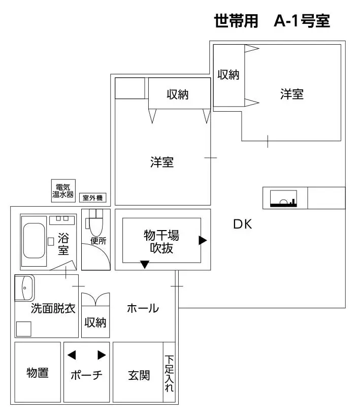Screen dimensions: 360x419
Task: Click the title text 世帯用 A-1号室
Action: [x=272, y=21]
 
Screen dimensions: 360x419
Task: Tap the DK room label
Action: [x=243, y=224]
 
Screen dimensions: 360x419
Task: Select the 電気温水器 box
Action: [x=63, y=190]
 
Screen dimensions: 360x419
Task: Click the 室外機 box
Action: [x=93, y=198]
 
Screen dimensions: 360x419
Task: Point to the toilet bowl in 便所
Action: [x=96, y=227]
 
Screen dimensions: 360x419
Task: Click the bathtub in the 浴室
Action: [x=34, y=241]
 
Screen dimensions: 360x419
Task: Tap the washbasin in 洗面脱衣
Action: [x=24, y=288]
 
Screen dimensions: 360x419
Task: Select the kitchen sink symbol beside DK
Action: [x=283, y=199]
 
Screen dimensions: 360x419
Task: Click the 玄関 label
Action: [x=139, y=375]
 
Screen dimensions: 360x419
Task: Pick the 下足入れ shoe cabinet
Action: [x=169, y=372]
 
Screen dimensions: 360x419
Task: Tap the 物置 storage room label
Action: [x=38, y=373]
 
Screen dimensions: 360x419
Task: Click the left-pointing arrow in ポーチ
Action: [x=72, y=355]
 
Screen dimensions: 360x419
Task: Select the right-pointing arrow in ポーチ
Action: [x=102, y=355]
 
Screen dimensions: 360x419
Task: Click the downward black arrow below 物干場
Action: [x=145, y=265]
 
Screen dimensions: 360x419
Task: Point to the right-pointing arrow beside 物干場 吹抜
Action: [x=203, y=240]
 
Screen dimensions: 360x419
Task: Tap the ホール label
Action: [x=143, y=308]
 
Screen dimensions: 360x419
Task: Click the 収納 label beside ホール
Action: [x=95, y=323]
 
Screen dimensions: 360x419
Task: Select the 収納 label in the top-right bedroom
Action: [x=228, y=75]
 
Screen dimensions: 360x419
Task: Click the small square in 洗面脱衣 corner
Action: [x=24, y=329]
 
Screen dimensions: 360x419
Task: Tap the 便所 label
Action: [x=99, y=241]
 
